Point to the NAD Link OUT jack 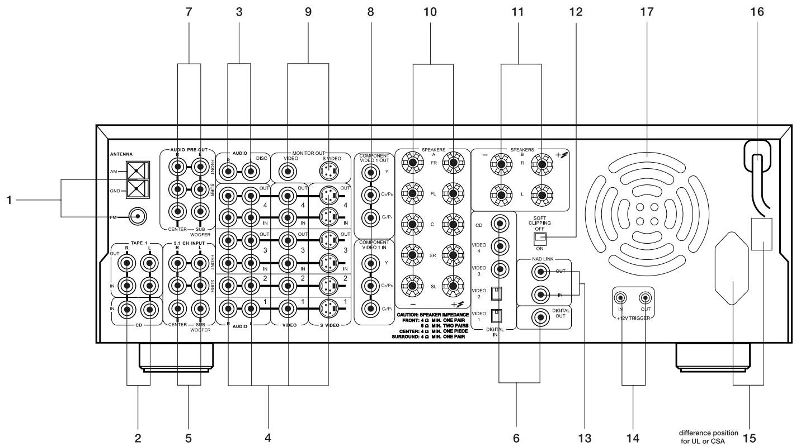click(x=541, y=272)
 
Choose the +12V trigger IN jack click(x=620, y=299)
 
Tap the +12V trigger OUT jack click(x=646, y=299)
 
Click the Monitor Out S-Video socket click(x=327, y=171)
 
